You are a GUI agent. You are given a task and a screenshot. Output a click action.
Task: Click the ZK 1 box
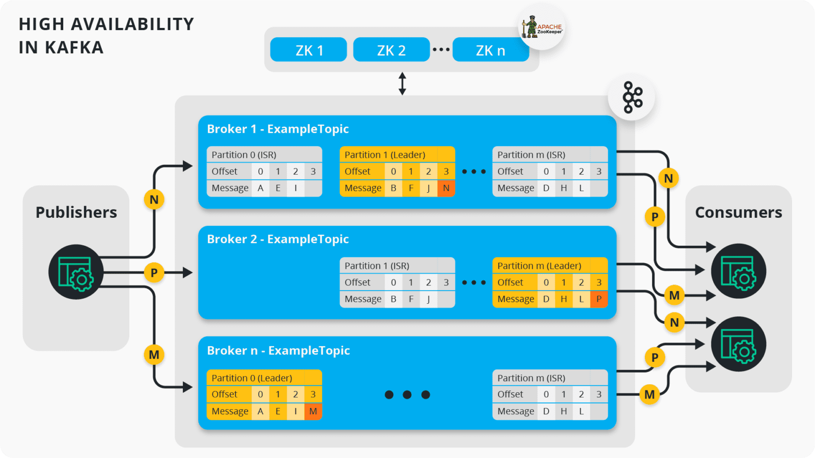coord(309,50)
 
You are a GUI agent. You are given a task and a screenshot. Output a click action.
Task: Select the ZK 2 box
coord(391,50)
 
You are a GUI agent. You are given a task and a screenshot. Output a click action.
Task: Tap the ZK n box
coord(490,50)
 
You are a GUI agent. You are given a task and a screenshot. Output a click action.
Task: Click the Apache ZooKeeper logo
coord(542,27)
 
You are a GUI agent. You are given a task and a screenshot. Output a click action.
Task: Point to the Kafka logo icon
coord(632,97)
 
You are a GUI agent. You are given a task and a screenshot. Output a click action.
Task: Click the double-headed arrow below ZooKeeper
coord(402,83)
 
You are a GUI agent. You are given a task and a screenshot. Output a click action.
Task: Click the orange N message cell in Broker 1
coord(446,188)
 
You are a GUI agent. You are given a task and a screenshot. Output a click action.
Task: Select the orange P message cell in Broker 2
coord(599,299)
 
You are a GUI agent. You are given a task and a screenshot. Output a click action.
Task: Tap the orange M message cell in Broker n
coord(313,411)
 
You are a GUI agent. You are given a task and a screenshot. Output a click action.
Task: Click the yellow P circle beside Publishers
coord(154,273)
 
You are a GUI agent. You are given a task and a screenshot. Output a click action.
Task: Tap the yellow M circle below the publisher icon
coord(154,355)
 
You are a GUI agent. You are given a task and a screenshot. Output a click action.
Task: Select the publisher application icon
coord(76,272)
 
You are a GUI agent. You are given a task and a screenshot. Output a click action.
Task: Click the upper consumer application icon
coord(739,271)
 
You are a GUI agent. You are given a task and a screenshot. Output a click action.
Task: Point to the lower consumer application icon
coord(739,344)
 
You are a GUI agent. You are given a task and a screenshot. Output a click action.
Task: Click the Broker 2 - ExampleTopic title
coord(278,239)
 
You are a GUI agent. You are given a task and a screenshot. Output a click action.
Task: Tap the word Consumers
coord(738,212)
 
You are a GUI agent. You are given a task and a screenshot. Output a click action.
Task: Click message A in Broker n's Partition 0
coord(260,411)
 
